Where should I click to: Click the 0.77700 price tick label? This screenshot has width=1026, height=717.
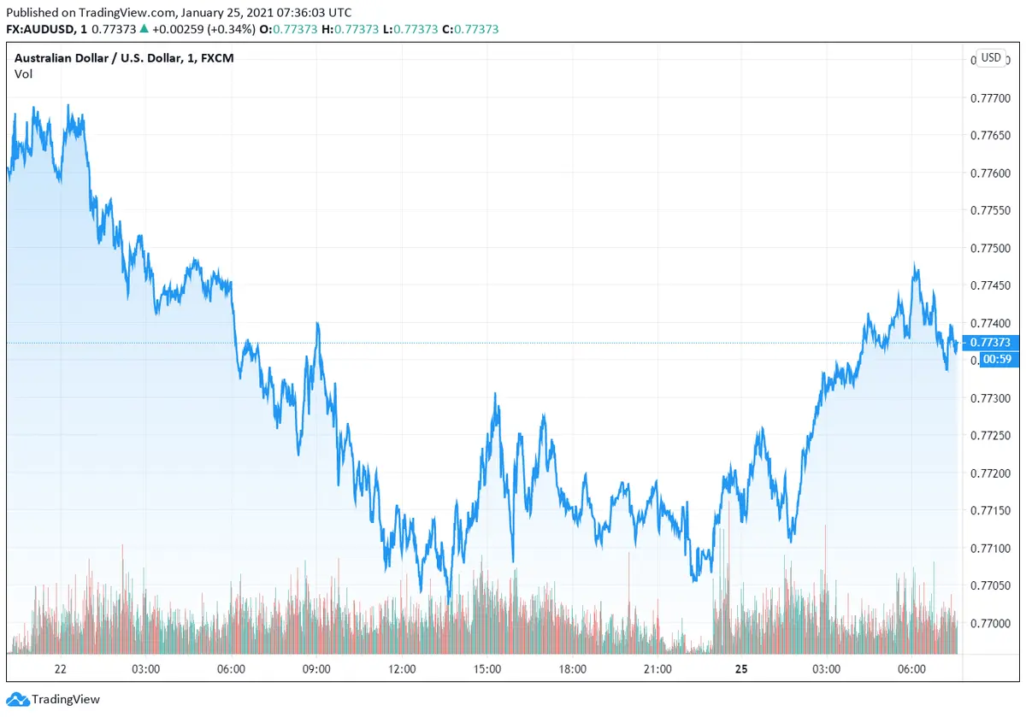click(x=990, y=98)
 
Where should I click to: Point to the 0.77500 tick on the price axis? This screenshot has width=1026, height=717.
click(x=990, y=249)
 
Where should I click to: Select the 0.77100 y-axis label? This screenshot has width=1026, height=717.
click(x=990, y=549)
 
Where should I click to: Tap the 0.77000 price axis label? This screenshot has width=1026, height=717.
click(x=990, y=624)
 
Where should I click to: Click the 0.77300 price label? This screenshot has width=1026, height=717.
click(x=990, y=398)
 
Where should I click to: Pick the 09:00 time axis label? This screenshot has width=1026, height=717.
click(x=316, y=669)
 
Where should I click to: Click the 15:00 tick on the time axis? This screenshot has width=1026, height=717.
click(x=487, y=669)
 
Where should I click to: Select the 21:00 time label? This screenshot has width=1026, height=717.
click(x=657, y=669)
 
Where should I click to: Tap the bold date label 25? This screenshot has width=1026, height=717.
click(x=741, y=669)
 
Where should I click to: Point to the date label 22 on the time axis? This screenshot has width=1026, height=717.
click(x=61, y=669)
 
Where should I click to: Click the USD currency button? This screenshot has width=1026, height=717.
click(x=991, y=58)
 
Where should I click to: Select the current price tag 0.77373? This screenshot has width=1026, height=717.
click(x=991, y=343)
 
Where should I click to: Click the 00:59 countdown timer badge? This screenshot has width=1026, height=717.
click(x=997, y=359)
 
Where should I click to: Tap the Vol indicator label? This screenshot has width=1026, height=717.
click(x=24, y=74)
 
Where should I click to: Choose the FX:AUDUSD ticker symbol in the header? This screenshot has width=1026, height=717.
click(x=43, y=29)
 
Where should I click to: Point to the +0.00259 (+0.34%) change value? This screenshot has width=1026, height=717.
click(x=203, y=29)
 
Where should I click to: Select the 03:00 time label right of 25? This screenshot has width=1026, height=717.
click(x=826, y=669)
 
